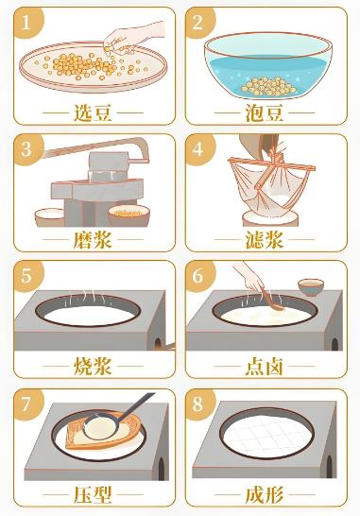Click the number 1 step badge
27,23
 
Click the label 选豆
93,113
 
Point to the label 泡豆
265,113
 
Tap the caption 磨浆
93,240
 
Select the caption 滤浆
265,240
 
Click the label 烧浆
93,367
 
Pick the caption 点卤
265,367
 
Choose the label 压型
93,494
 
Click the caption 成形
265,494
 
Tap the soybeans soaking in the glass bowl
269,87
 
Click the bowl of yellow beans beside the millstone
129,215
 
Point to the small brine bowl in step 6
311,287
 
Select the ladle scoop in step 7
101,427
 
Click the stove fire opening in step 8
330,467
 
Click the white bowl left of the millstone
50,217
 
